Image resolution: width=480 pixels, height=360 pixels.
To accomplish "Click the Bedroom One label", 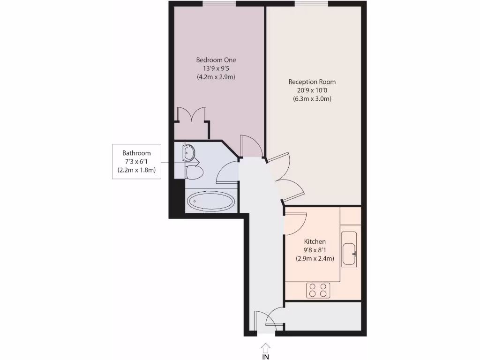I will pyautogui.click(x=216, y=60).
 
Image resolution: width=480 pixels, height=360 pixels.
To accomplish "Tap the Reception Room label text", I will pyautogui.click(x=312, y=82).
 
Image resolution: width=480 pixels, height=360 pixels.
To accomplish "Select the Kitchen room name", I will pyautogui.click(x=315, y=241).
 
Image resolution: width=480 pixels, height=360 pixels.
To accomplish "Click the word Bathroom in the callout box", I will pyautogui.click(x=136, y=153).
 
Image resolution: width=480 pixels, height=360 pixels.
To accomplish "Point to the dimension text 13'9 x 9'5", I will pyautogui.click(x=216, y=68).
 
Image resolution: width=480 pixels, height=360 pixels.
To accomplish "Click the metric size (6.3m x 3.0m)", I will pyautogui.click(x=312, y=98).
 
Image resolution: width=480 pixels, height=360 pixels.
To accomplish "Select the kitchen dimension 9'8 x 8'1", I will pyautogui.click(x=315, y=250).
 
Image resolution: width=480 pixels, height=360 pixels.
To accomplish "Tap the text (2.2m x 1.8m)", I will pyautogui.click(x=136, y=170).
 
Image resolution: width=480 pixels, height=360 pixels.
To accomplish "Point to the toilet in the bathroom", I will pyautogui.click(x=194, y=172).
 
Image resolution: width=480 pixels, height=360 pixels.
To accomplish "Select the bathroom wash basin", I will pyautogui.click(x=188, y=152).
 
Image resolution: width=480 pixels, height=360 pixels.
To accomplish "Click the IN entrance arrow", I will pyautogui.click(x=265, y=347).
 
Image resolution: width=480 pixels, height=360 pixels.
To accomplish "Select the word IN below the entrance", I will pyautogui.click(x=265, y=357).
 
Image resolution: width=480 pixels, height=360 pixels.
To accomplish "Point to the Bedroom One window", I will pyautogui.click(x=219, y=4).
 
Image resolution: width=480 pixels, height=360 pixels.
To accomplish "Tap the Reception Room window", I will pyautogui.click(x=311, y=4).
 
